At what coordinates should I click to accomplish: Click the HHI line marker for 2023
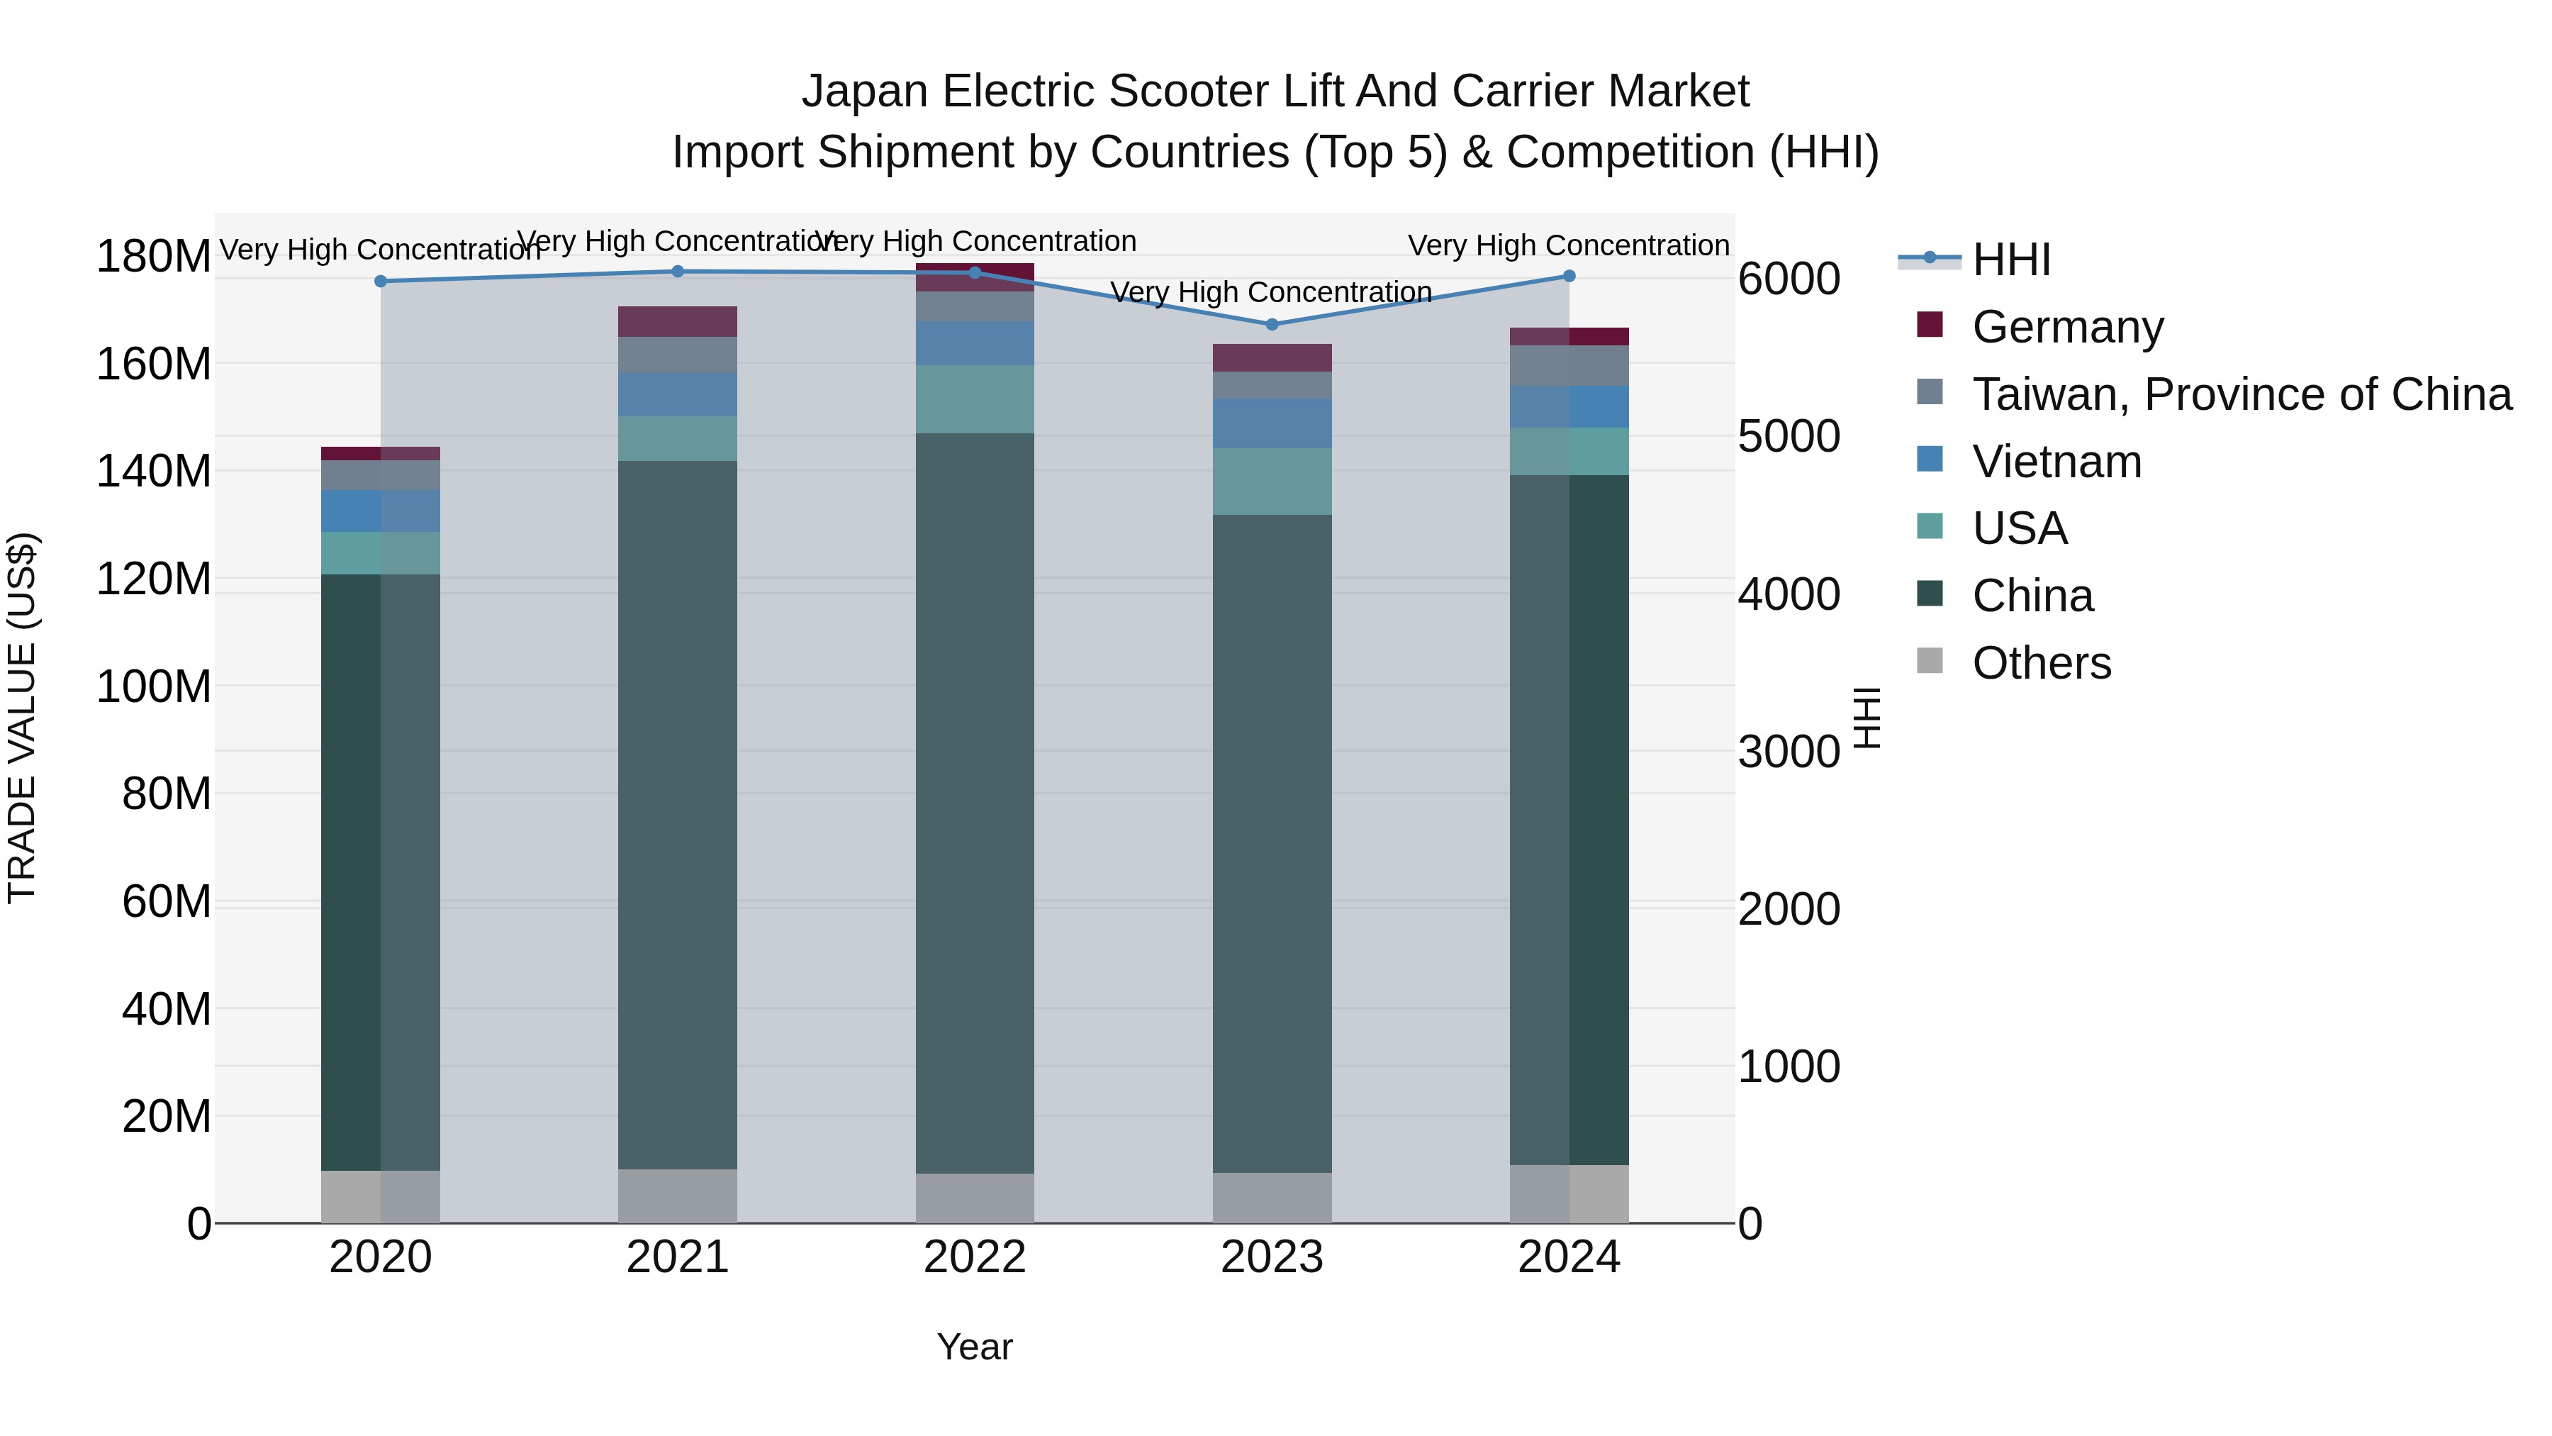pyautogui.click(x=1272, y=324)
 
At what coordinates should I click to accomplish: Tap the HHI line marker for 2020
pyautogui.click(x=381, y=282)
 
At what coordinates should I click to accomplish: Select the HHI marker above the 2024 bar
pyautogui.click(x=1569, y=277)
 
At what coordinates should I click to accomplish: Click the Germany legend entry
pyautogui.click(x=2068, y=327)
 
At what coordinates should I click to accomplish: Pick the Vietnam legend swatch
pyautogui.click(x=1930, y=460)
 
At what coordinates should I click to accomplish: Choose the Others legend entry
pyautogui.click(x=2041, y=663)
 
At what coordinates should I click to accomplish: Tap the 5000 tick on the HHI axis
pyautogui.click(x=1789, y=436)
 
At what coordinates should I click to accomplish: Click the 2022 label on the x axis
pyautogui.click(x=975, y=1257)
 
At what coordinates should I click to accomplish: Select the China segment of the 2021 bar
pyautogui.click(x=678, y=813)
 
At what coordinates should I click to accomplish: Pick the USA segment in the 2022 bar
pyautogui.click(x=975, y=399)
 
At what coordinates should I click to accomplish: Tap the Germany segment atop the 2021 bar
pyautogui.click(x=678, y=321)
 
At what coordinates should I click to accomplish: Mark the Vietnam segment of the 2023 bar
pyautogui.click(x=1272, y=423)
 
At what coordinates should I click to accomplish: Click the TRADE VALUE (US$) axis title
pyautogui.click(x=22, y=718)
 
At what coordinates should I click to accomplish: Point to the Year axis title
pyautogui.click(x=975, y=1347)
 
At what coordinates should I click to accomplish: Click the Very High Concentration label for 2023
pyautogui.click(x=1271, y=292)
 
